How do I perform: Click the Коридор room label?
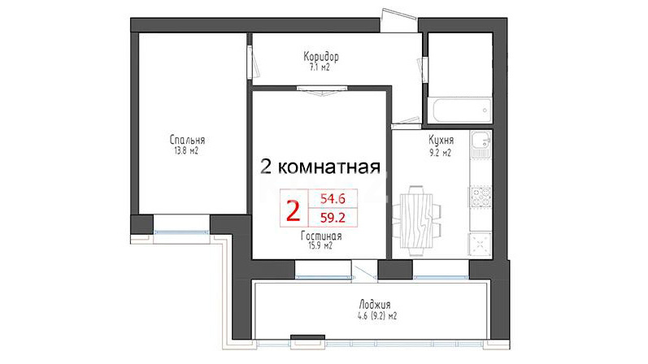[321, 56]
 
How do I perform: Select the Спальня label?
[187, 140]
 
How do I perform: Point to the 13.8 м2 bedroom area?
[186, 151]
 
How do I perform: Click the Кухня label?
[441, 140]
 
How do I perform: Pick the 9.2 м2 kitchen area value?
[440, 153]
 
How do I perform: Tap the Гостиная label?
[321, 236]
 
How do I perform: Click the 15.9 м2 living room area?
[320, 246]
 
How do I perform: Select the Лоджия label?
[375, 305]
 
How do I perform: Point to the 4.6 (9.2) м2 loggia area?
[377, 317]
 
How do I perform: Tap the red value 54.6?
[333, 199]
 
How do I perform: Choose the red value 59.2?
[333, 217]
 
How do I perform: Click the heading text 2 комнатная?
[320, 167]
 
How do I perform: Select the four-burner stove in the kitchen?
[481, 197]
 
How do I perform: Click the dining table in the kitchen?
[416, 220]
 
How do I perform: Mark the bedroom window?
[181, 232]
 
